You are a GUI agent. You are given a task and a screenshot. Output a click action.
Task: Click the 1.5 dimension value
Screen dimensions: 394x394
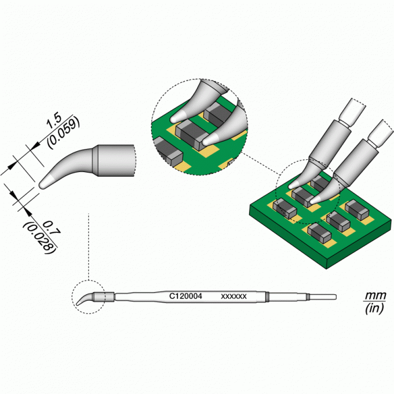54,121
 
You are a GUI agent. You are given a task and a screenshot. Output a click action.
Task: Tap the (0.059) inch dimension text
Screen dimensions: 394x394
64,133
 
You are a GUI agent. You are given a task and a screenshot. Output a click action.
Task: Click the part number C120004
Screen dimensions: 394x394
185,296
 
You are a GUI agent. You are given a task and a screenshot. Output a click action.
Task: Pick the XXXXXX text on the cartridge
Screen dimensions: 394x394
234,297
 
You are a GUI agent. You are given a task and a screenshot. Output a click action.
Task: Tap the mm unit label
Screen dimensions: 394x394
375,295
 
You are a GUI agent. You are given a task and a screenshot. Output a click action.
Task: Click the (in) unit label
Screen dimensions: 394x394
374,308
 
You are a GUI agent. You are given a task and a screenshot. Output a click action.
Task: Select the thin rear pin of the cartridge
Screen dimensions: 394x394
323,297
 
